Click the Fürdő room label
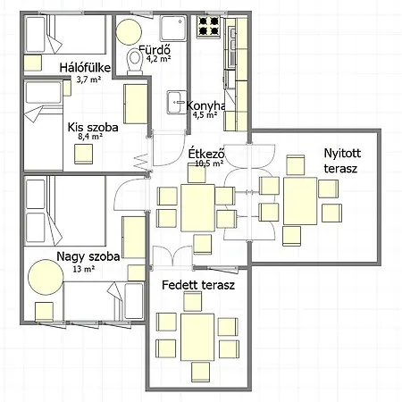tap(155, 49)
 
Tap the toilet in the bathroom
tap(135, 62)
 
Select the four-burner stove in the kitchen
tap(208, 26)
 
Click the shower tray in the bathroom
tap(173, 29)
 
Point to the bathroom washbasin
tap(177, 102)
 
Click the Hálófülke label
tap(85, 68)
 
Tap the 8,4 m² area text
tap(90, 137)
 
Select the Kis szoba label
tap(93, 127)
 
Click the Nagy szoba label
tap(88, 256)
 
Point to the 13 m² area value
tap(84, 269)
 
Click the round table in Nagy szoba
tap(46, 277)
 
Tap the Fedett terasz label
tap(198, 285)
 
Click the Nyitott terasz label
tap(342, 161)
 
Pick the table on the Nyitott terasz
tap(300, 201)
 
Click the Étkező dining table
tap(197, 208)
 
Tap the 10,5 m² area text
tap(209, 163)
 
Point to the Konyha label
tap(205, 105)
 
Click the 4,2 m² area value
tap(158, 58)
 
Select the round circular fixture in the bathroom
tap(129, 32)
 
